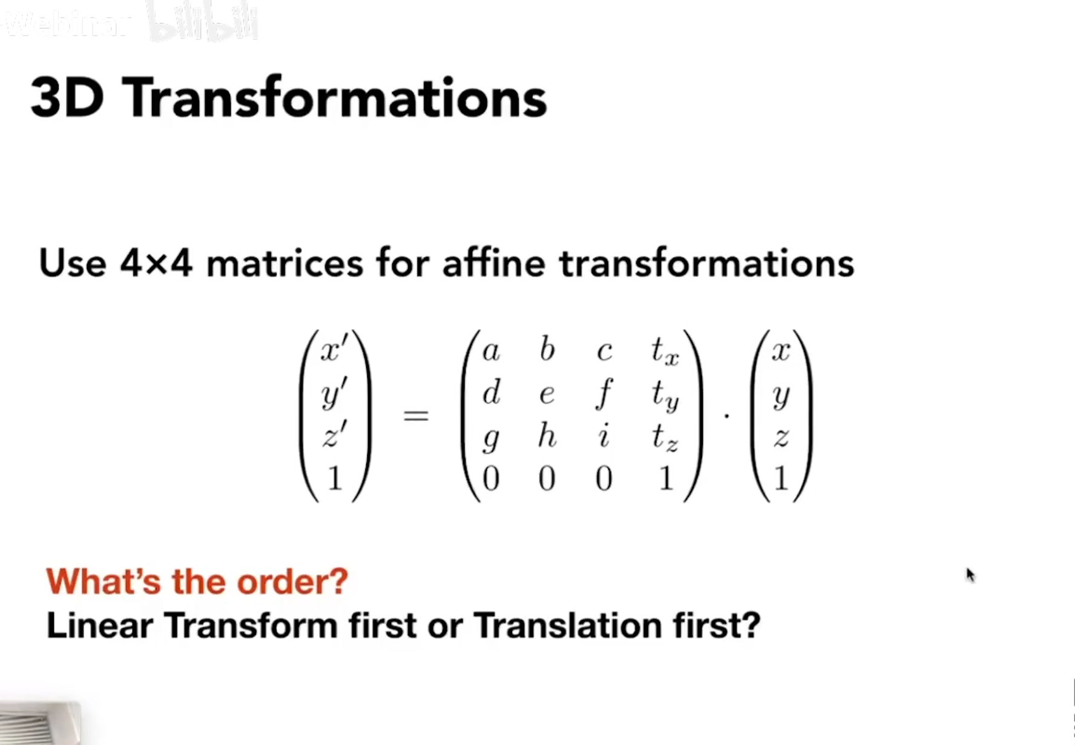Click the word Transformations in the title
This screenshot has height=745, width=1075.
coord(337,98)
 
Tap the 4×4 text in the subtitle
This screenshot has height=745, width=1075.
coord(156,264)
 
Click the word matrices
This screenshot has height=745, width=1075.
coord(284,264)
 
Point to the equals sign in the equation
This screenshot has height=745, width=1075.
coord(416,416)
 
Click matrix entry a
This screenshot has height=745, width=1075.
coord(491,351)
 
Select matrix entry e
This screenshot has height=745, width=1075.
coord(547,395)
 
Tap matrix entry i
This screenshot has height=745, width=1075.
coord(603,436)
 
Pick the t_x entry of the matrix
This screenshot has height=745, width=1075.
coord(665,351)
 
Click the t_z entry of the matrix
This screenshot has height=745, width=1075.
coord(665,437)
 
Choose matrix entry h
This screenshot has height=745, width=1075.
coord(547,436)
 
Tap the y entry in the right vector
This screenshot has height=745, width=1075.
coord(781,397)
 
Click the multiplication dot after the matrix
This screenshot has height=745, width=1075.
coord(726,416)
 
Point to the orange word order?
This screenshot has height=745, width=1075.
coord(292,582)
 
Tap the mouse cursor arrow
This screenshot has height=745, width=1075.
coord(970,574)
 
